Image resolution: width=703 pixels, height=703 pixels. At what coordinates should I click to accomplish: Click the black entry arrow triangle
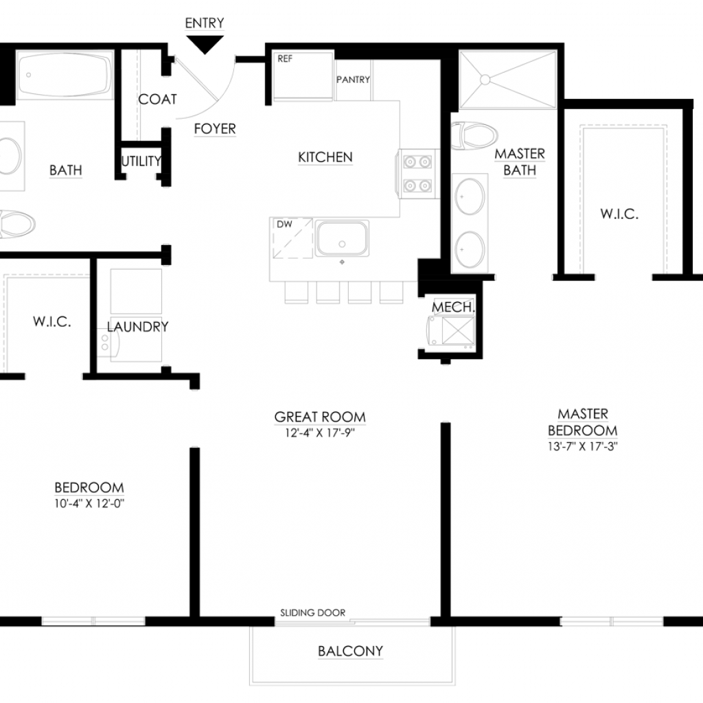[205, 44]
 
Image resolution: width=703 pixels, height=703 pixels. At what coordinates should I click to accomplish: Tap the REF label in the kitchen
[285, 59]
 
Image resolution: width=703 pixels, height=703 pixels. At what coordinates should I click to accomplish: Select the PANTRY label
[354, 80]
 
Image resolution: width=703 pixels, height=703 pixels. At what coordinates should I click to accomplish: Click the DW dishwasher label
[284, 224]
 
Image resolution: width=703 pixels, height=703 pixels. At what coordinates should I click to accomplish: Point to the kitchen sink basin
[342, 238]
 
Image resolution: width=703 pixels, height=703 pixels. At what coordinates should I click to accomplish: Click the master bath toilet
[474, 135]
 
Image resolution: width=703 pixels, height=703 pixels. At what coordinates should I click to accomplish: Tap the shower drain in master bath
[485, 80]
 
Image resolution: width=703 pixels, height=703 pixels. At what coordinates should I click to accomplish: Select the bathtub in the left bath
[65, 75]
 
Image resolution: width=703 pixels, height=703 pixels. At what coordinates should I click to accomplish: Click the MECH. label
[453, 307]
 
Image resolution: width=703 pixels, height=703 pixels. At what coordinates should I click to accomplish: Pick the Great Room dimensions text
[320, 433]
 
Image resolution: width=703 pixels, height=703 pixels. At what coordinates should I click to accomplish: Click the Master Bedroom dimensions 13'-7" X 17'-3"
[583, 446]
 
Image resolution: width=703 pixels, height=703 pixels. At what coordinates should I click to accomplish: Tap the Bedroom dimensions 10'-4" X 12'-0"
[89, 503]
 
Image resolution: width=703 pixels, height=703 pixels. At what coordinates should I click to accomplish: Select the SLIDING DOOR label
[313, 612]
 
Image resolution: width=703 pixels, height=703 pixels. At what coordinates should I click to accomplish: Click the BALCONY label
[351, 651]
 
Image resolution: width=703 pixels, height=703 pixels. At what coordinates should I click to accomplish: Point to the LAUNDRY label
[137, 327]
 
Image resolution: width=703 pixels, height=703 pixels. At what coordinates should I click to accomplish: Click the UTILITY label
[141, 161]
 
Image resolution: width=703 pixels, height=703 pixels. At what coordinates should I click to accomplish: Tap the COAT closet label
[157, 99]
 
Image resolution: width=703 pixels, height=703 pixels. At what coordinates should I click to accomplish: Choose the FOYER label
[215, 128]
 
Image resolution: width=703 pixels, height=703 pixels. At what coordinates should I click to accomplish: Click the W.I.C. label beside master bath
[619, 214]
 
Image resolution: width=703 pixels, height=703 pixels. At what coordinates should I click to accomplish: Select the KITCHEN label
[325, 157]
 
